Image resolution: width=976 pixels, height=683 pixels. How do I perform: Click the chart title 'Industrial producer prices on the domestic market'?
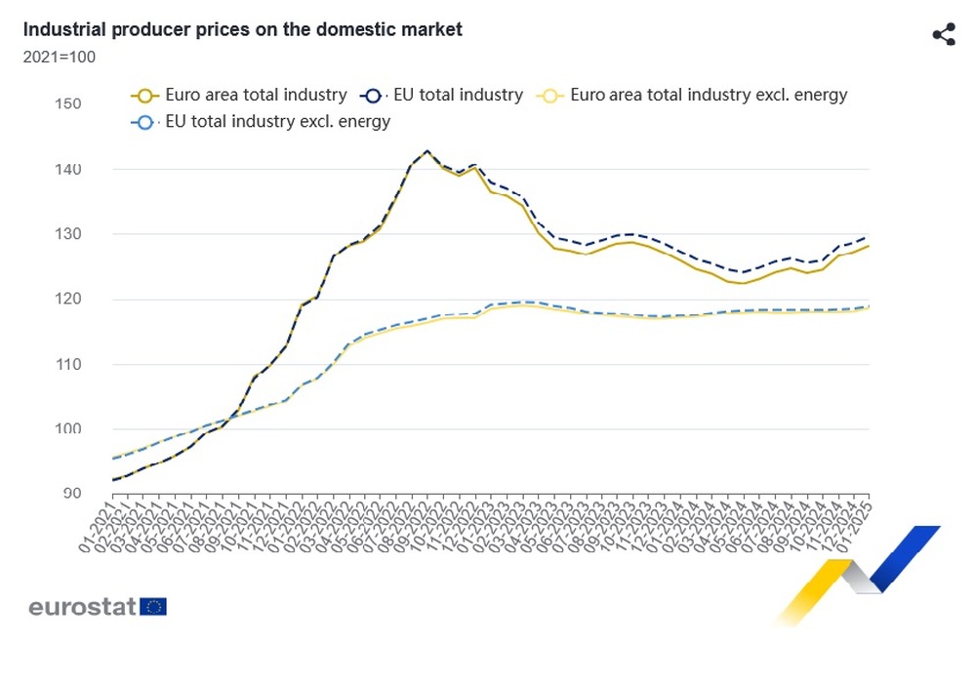243,30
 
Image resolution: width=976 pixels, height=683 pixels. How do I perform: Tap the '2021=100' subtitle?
59,57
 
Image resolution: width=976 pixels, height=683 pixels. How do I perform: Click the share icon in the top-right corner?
943,35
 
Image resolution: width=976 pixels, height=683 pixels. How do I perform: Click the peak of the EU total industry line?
427,151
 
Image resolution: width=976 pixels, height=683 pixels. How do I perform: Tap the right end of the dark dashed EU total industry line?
868,237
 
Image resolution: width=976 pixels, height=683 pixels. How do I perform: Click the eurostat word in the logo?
82,607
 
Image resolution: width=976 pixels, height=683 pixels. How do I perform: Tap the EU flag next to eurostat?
153,607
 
